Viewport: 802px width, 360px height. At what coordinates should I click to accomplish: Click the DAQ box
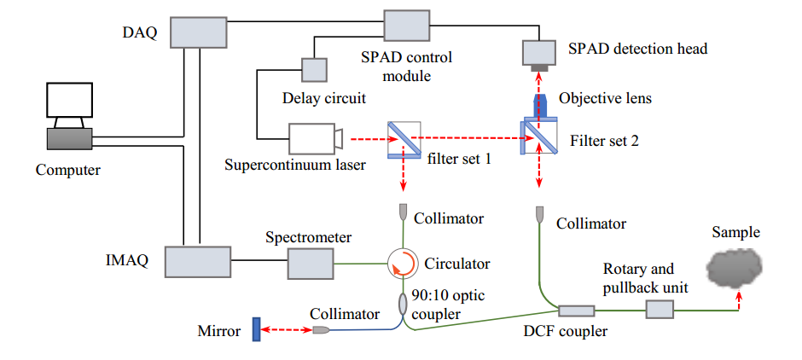pos(199,33)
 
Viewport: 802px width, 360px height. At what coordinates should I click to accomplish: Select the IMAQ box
pos(197,261)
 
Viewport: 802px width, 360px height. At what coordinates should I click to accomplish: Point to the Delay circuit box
pos(313,71)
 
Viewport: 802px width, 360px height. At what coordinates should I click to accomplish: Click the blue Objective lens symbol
pos(540,103)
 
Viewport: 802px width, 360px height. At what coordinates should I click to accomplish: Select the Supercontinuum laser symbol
pos(314,138)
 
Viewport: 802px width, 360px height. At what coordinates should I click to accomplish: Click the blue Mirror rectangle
pos(255,329)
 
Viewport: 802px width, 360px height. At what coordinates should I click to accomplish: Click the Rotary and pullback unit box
pos(660,307)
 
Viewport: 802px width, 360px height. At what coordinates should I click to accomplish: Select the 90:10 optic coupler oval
pos(403,303)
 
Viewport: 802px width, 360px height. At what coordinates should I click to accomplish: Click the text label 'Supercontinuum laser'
pos(295,165)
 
